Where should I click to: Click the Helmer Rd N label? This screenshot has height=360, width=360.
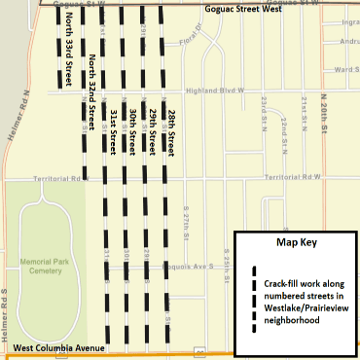pos(21,113)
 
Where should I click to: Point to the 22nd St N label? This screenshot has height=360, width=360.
pos(281,125)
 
